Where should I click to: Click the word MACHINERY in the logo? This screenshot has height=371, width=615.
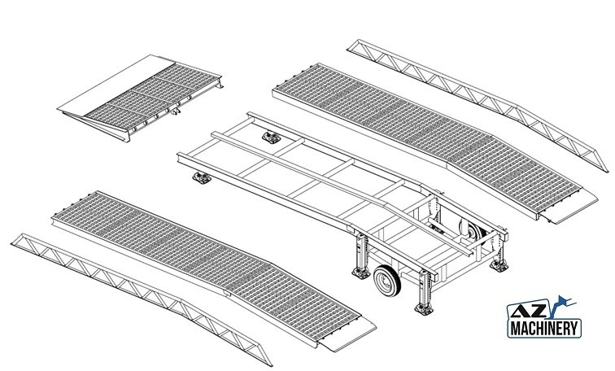[x=546, y=329]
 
